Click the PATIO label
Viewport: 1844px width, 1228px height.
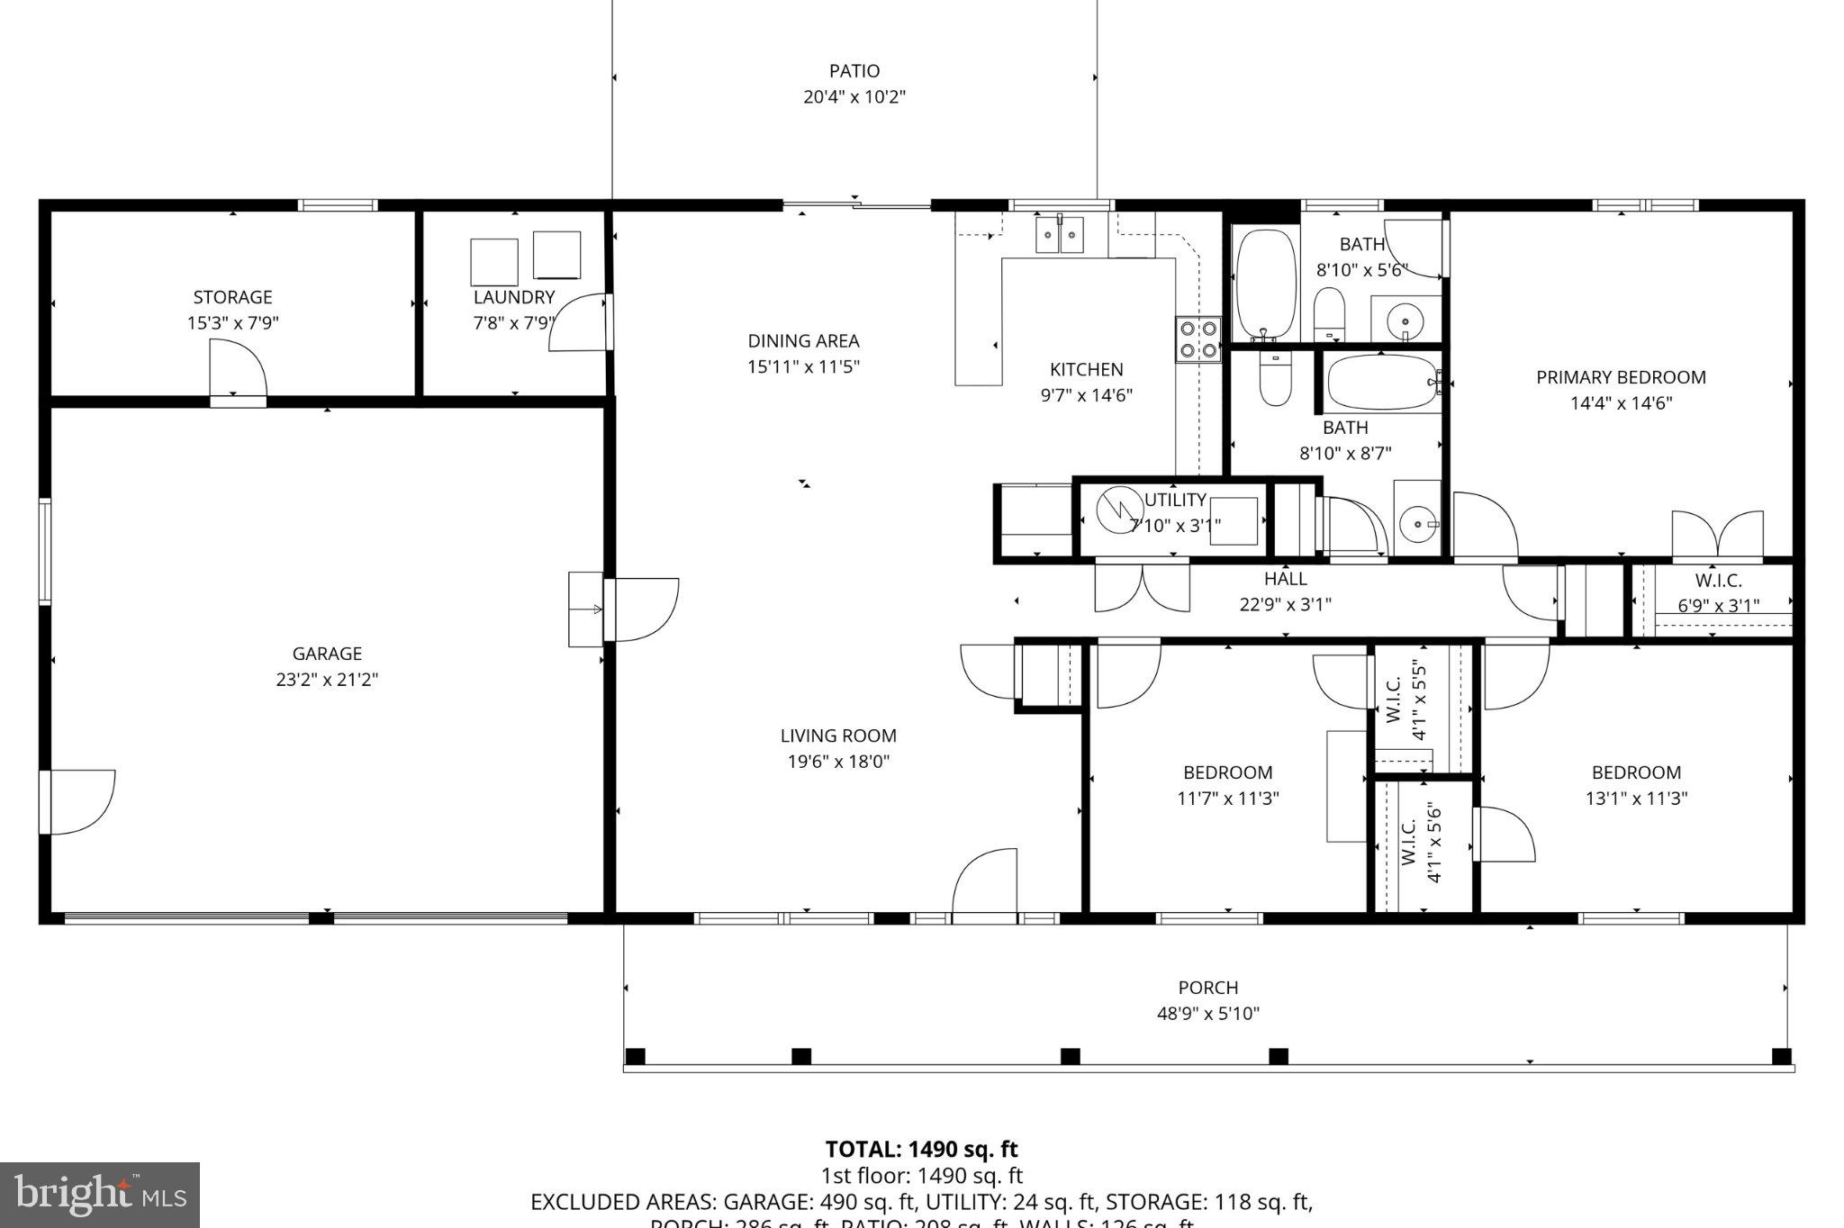pos(854,70)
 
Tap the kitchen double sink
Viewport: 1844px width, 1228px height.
pos(1060,235)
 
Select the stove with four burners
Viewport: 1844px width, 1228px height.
pos(1198,339)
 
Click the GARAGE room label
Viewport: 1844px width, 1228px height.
pos(327,654)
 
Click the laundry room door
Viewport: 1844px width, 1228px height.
pos(579,321)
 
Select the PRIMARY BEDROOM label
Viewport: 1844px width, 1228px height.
pos(1620,377)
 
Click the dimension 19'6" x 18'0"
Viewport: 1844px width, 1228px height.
pos(838,762)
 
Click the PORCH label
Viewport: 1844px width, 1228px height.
pos(1207,988)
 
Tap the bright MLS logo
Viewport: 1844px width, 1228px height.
pos(99,1195)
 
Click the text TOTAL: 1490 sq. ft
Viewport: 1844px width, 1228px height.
pos(921,1150)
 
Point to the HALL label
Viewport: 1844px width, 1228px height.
pos(1285,579)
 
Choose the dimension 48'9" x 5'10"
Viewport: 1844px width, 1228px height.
pos(1207,1014)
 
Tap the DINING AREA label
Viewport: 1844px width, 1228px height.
pos(803,341)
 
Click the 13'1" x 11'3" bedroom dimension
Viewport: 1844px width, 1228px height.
pos(1636,798)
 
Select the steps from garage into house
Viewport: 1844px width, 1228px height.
pos(585,609)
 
